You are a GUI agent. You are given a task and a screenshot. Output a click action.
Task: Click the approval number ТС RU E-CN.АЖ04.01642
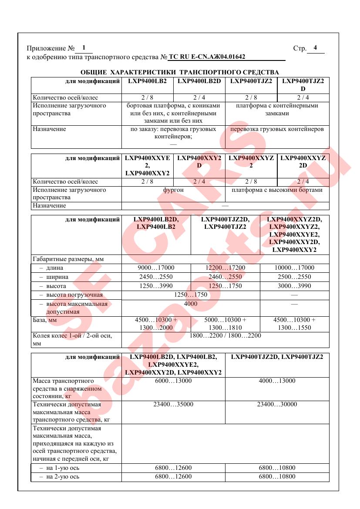point(207,57)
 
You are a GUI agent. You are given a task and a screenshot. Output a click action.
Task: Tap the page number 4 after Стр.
point(315,48)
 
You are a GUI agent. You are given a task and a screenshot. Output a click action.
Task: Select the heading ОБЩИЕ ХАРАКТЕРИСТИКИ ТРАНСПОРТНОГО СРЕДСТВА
point(180,72)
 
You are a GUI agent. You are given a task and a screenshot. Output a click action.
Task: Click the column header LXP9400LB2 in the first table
point(148,81)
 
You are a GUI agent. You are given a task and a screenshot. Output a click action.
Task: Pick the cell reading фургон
point(173,190)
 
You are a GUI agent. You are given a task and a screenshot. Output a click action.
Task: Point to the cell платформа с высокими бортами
point(277,190)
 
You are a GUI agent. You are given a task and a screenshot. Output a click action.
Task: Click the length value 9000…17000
point(156,268)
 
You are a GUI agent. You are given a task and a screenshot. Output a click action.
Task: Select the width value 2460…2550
point(225,277)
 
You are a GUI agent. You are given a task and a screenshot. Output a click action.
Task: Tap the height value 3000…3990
point(294,286)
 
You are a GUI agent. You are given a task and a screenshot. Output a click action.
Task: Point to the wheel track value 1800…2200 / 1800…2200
point(225,335)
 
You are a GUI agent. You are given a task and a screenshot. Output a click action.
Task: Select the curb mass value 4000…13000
point(277,381)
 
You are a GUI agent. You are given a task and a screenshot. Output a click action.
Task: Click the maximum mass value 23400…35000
point(173,405)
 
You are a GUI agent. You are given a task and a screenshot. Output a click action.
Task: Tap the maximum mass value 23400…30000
point(277,405)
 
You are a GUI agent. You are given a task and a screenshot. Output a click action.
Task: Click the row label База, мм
point(45,320)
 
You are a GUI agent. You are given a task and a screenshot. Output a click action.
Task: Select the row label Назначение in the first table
point(49,129)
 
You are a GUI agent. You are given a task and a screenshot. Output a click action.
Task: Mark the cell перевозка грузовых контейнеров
point(277,129)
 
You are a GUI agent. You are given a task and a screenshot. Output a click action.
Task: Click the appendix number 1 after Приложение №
point(84,48)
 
